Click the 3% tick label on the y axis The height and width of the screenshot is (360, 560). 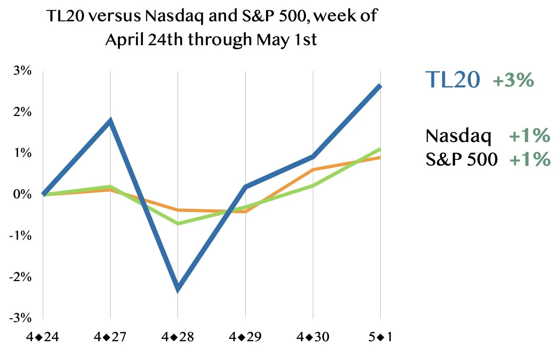23,71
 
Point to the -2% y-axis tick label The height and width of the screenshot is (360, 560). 20,277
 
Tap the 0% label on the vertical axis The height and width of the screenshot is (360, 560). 23,195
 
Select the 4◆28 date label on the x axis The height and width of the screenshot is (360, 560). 178,337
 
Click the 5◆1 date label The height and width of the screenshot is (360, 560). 380,337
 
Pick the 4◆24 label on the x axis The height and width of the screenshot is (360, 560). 43,337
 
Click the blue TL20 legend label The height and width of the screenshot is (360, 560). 452,79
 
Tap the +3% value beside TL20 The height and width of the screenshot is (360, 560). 513,80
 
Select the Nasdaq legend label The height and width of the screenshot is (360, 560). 458,136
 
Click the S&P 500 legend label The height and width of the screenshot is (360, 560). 461,159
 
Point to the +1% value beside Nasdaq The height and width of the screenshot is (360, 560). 530,135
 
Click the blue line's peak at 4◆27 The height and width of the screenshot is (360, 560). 110,120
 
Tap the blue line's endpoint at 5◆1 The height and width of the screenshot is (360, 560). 380,87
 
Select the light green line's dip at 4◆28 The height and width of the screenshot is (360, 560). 178,223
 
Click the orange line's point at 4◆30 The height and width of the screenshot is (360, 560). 313,170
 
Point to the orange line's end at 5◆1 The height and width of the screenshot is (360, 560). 380,158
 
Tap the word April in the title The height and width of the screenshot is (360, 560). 125,40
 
